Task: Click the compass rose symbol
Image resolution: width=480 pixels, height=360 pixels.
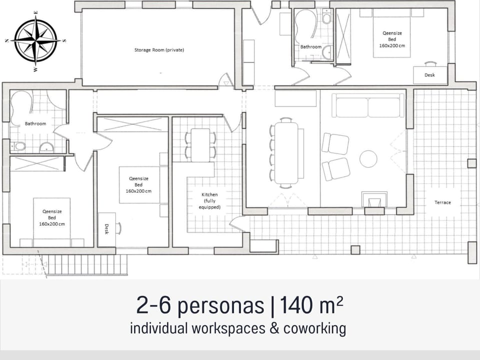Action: coord(36,40)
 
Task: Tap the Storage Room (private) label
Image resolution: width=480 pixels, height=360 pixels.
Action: coord(159,50)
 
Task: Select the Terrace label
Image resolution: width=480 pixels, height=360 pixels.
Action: coord(442,202)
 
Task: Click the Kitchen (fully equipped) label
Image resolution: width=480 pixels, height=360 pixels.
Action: coord(209,201)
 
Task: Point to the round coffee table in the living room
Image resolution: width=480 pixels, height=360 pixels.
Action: coord(368,158)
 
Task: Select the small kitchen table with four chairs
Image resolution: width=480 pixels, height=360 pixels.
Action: coord(200,145)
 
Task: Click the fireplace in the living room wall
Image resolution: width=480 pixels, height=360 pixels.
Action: coord(374,201)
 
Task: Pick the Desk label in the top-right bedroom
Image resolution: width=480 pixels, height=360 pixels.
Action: coord(429,75)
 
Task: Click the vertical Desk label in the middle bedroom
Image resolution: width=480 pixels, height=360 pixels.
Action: coord(106,229)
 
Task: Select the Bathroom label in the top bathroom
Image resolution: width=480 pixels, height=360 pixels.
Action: coord(310,47)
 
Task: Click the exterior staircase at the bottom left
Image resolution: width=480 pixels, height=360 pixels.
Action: coord(87,264)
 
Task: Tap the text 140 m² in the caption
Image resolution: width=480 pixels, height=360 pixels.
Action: coord(311,305)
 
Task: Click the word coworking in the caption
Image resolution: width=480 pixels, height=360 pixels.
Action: coord(314,328)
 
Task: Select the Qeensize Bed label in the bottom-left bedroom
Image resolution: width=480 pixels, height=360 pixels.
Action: coord(52,217)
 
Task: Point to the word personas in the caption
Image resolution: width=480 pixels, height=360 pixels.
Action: coord(220,306)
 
